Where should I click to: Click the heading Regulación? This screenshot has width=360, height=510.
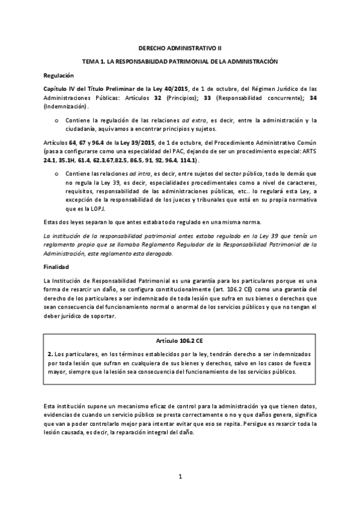point(59,76)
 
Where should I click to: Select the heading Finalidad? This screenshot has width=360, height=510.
point(57,266)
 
